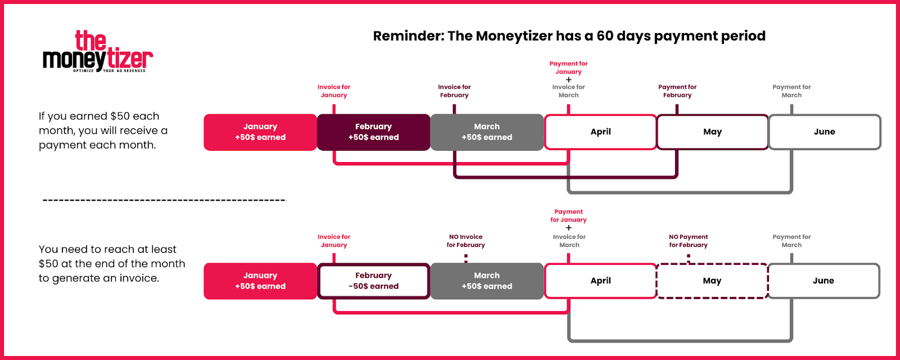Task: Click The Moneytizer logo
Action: pos(98,51)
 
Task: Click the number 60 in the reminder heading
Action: pos(604,36)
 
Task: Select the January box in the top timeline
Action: pos(260,132)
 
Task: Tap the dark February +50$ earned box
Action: pos(373,132)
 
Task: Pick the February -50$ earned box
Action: pos(373,281)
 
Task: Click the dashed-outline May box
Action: pos(712,281)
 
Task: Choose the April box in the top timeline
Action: pos(600,132)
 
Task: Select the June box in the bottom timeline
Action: pos(823,281)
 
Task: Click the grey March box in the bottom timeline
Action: pos(487,281)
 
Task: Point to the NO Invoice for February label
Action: pos(466,241)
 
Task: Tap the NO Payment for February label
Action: pos(688,241)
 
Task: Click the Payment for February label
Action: pos(677,91)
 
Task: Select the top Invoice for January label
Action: pos(334,91)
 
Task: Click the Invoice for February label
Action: pos(454,91)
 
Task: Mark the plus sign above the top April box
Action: pos(569,79)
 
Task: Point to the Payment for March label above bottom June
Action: pos(791,241)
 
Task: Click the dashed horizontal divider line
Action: pos(164,200)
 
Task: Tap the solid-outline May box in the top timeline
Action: pos(712,132)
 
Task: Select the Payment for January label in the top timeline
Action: pos(569,67)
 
